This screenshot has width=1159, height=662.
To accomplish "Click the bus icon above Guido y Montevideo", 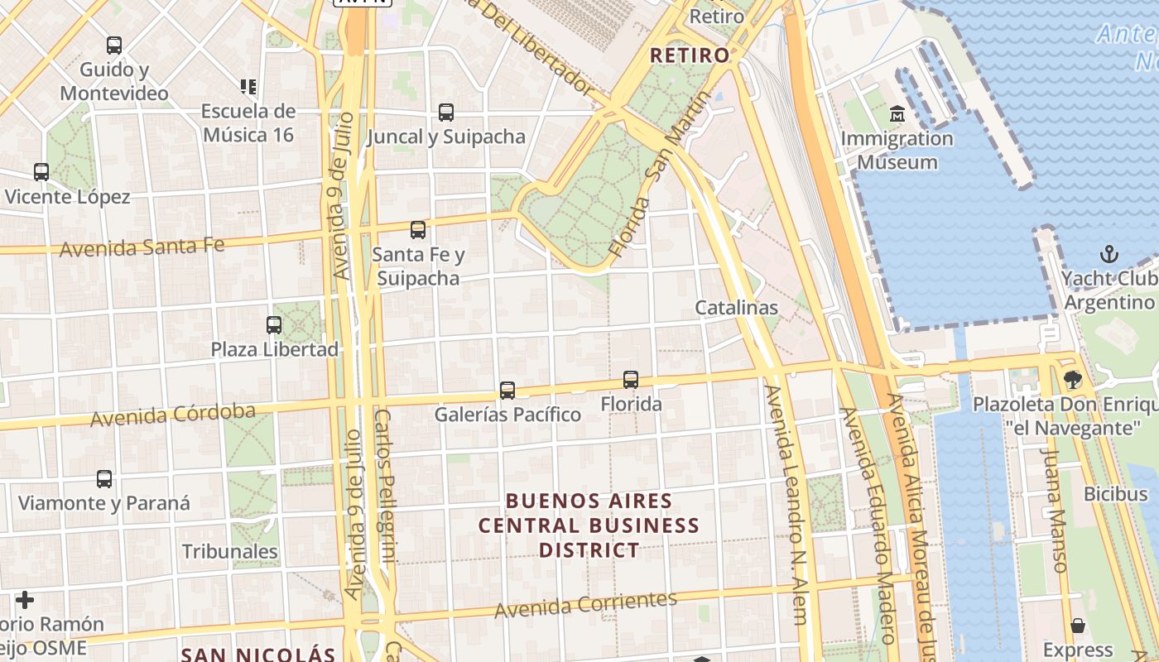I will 114,46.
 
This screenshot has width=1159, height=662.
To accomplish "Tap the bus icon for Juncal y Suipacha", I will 446,113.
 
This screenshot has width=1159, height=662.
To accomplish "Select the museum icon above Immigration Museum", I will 897,113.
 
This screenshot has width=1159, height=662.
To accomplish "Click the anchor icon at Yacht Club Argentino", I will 1109,254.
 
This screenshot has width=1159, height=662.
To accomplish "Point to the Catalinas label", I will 736,308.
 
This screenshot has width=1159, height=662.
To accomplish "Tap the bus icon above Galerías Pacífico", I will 507,390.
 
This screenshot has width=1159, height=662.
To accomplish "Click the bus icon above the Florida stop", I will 631,380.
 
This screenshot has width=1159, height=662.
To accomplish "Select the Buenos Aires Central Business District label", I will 589,525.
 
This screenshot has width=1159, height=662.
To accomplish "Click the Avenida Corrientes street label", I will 585,605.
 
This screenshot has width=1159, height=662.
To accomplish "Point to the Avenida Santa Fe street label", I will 142,247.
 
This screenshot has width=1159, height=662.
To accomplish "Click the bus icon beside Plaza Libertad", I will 274,325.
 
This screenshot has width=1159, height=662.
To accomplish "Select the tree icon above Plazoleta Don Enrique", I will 1073,380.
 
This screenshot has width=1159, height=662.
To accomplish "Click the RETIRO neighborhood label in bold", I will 690,55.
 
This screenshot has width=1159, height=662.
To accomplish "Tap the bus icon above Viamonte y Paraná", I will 104,479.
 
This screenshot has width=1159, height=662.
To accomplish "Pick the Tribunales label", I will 229,551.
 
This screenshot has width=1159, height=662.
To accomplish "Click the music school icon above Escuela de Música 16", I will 248,86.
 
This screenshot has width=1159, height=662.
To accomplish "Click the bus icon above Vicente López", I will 41,172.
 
